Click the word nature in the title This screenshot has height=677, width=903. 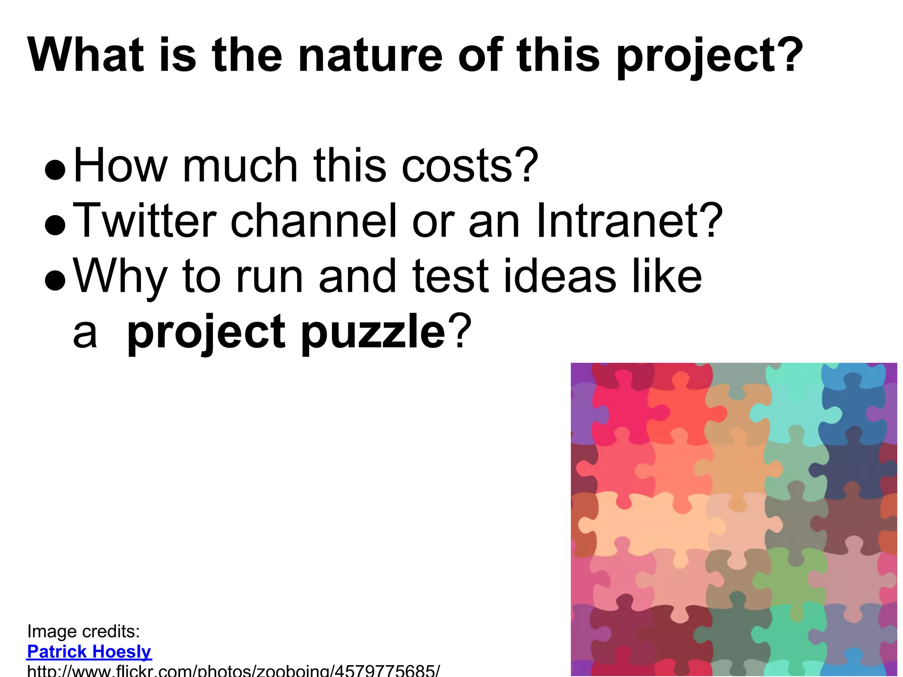pos(370,56)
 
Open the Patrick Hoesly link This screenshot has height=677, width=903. pos(90,652)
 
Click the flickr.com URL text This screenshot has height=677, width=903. pos(233,671)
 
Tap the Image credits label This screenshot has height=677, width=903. pos(84,632)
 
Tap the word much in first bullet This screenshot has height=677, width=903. pos(240,166)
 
